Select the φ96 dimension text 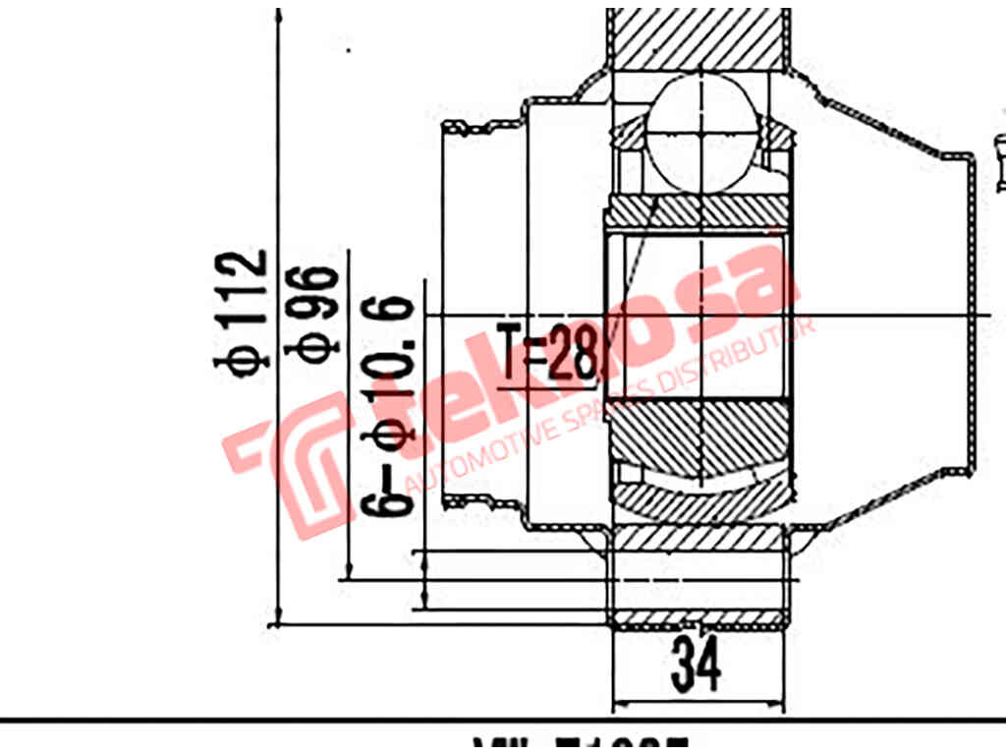click(319, 313)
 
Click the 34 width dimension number click(696, 665)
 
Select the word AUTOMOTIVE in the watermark click(481, 458)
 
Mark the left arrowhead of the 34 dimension click(618, 706)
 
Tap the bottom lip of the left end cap click(457, 503)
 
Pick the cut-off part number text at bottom click(580, 745)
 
